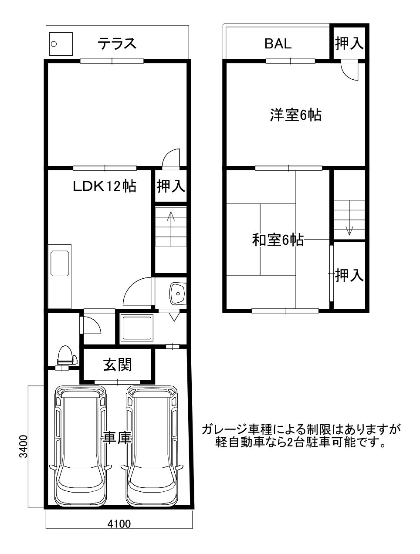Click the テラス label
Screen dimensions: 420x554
pyautogui.click(x=117, y=44)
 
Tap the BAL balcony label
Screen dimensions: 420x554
pyautogui.click(x=278, y=44)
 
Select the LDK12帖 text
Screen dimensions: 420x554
pyautogui.click(x=105, y=186)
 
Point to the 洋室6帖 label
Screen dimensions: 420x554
pyautogui.click(x=296, y=115)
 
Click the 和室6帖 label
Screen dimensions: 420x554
pyautogui.click(x=278, y=240)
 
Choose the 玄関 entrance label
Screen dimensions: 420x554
pyautogui.click(x=118, y=365)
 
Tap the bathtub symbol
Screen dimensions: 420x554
pyautogui.click(x=136, y=328)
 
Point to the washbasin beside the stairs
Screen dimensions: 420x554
pyautogui.click(x=178, y=293)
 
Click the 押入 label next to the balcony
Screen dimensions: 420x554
pyautogui.click(x=349, y=43)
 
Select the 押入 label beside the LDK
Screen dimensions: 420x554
pyautogui.click(x=171, y=186)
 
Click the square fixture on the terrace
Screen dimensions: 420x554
pyautogui.click(x=61, y=44)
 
